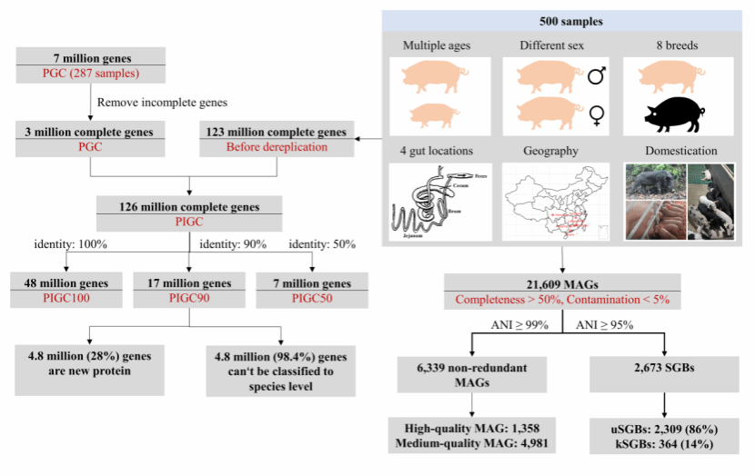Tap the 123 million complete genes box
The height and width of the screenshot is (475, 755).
(x=276, y=139)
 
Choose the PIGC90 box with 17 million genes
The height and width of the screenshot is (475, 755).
(x=188, y=292)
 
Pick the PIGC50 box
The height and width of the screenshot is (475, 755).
(x=312, y=292)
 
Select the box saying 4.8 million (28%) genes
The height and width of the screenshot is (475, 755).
(x=90, y=367)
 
